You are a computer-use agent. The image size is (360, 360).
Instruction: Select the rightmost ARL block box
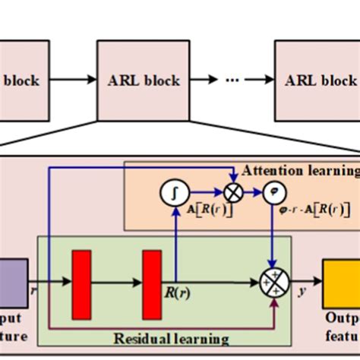click(x=317, y=80)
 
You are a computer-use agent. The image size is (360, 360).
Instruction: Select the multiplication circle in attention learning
click(x=233, y=193)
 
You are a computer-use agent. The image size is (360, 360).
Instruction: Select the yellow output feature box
click(x=340, y=281)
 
